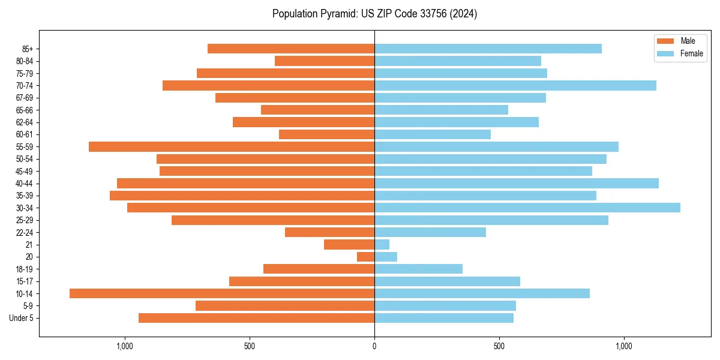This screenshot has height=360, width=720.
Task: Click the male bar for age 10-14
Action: click(222, 293)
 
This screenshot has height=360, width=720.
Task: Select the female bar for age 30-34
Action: click(527, 208)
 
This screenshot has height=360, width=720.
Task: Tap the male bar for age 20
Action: click(366, 257)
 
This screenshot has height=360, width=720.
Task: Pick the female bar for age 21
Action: click(382, 245)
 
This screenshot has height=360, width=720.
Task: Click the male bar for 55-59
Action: click(232, 146)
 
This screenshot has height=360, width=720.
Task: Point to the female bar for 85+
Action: click(488, 49)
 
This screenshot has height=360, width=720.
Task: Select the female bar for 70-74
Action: click(515, 85)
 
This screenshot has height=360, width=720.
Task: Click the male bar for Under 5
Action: click(256, 318)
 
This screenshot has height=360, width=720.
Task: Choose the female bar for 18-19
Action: click(418, 269)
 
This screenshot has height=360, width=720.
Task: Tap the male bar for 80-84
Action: click(325, 61)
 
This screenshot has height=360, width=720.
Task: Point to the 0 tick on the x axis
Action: click(374, 346)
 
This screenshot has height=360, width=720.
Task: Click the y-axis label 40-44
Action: click(25, 184)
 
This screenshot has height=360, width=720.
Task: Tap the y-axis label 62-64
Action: click(25, 122)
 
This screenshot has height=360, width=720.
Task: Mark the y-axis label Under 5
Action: click(22, 318)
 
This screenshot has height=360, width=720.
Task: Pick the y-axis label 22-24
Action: click(25, 232)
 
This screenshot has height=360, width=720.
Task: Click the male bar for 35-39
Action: click(242, 196)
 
